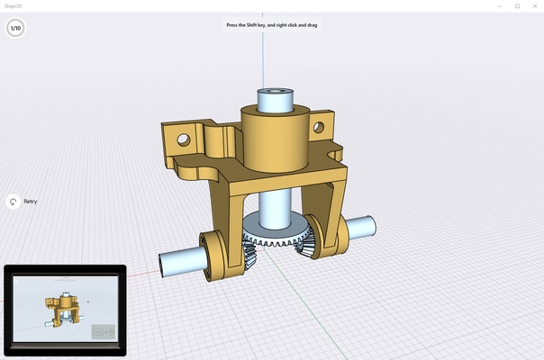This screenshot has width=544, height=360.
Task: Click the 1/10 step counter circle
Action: tap(15, 29)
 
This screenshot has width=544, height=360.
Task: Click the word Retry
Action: tap(30, 202)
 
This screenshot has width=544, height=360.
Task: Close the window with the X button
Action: tap(534, 5)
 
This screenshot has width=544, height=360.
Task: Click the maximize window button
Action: tap(517, 5)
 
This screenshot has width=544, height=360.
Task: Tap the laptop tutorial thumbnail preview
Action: tap(65, 310)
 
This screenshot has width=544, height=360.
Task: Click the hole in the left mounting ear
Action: tap(184, 140)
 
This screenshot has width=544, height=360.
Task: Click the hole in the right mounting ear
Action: tap(318, 128)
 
